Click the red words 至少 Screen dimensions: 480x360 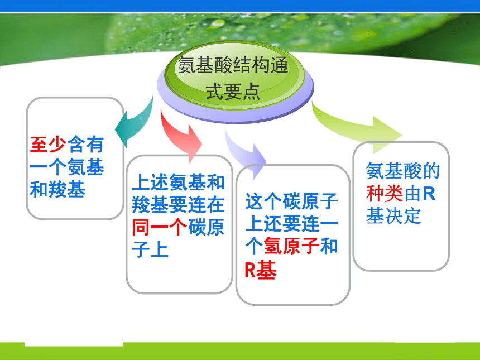tap(49, 145)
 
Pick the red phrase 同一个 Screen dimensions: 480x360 tap(160, 227)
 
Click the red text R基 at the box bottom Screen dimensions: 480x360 tap(261, 270)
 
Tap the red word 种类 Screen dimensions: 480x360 tap(385, 194)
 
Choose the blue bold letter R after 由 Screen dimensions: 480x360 tap(429, 194)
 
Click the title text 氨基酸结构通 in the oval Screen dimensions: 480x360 tap(233, 65)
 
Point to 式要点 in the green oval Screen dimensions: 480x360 tap(233, 92)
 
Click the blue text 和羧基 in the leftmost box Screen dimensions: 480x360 tap(57, 190)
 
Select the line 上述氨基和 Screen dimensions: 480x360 tap(179, 182)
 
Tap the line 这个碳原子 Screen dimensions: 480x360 tap(292, 201)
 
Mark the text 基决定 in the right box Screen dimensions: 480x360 tap(393, 216)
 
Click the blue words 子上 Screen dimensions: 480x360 tap(150, 249)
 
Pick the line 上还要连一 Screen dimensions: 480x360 tap(292, 224)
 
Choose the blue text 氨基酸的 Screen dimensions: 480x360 tap(403, 171)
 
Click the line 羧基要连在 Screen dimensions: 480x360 tap(179, 204)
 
